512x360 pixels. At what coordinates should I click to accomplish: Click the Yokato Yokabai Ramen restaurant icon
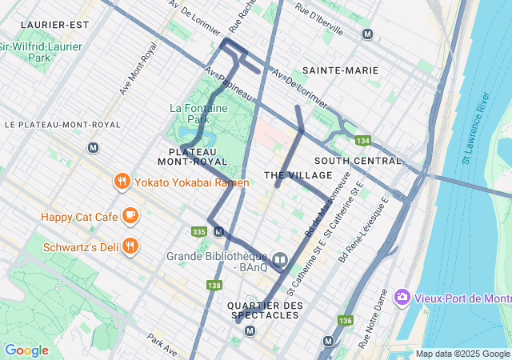(122, 181)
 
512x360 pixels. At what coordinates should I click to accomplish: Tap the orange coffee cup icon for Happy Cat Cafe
(130, 215)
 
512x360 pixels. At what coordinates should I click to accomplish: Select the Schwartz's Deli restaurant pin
(130, 246)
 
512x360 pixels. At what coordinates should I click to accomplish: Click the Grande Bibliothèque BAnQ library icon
(280, 259)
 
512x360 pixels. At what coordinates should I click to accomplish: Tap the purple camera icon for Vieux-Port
(402, 298)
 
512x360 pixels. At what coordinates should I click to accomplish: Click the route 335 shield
(199, 232)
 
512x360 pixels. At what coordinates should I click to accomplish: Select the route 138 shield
(214, 286)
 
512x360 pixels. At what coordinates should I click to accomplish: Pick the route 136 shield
(345, 321)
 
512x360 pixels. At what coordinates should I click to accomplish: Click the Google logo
(26, 350)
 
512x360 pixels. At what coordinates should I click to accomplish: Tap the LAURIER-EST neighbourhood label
(54, 25)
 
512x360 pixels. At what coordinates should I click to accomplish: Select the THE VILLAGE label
(286, 175)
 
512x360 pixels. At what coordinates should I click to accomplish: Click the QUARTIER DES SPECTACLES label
(265, 310)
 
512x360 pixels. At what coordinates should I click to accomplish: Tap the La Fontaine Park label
(198, 114)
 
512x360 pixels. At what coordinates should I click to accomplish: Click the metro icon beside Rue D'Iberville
(367, 34)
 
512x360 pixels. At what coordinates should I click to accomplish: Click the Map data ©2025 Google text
(462, 354)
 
